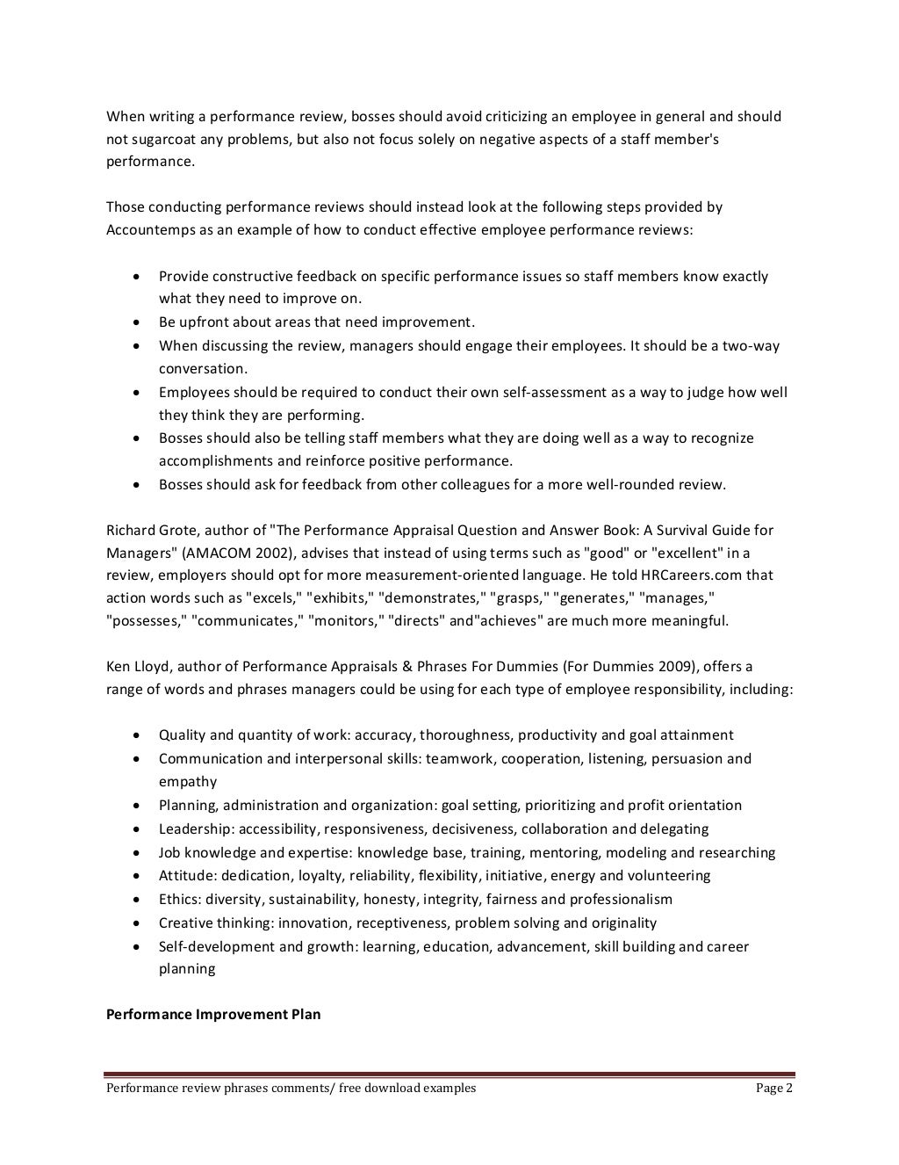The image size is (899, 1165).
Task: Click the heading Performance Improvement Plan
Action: (213, 1014)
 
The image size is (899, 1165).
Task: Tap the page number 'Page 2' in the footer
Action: (774, 1088)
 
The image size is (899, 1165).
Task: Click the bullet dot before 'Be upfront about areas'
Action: (136, 322)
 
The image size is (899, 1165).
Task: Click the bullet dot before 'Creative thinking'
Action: (136, 923)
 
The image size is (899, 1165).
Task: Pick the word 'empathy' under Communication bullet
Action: (187, 781)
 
